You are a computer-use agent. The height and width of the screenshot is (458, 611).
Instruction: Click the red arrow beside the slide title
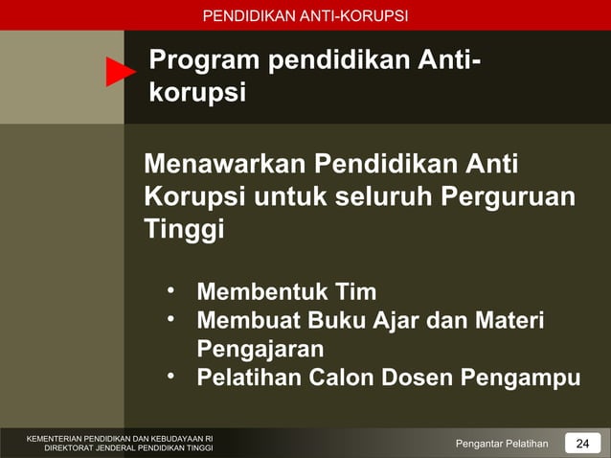(120, 72)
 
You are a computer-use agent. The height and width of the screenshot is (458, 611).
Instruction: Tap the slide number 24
(581, 443)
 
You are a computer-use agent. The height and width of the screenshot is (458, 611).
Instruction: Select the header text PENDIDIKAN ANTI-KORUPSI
(305, 15)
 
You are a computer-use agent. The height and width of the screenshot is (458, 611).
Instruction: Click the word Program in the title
(204, 61)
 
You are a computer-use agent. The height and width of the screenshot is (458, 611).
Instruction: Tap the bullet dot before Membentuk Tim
(169, 288)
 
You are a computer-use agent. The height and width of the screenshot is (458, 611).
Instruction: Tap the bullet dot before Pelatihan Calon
(169, 375)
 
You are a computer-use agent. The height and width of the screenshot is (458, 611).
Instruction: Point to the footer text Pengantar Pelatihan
(502, 443)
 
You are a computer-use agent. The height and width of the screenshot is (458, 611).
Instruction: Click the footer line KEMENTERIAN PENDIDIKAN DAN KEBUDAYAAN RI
(120, 438)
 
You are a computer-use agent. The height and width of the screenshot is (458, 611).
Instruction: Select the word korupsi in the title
(197, 94)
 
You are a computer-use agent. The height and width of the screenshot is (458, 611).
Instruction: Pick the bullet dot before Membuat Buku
(169, 316)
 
